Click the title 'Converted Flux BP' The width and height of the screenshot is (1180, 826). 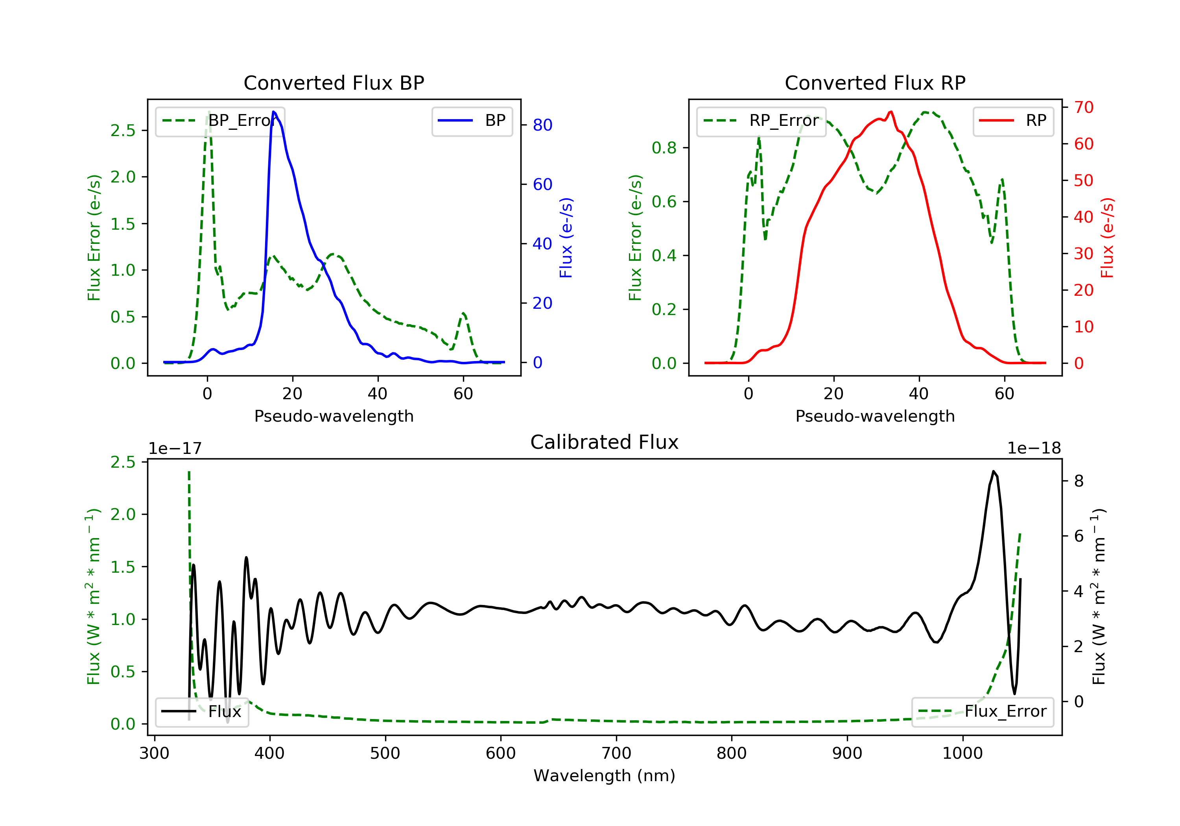tap(334, 83)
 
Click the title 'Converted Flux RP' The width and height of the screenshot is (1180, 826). tap(875, 83)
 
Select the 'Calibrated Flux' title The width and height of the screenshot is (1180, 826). tap(605, 442)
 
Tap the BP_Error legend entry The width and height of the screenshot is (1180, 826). tap(220, 121)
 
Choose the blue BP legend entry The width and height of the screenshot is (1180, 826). tap(472, 120)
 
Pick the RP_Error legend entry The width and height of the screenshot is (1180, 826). tap(761, 121)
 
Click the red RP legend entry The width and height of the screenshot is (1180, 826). tap(1013, 120)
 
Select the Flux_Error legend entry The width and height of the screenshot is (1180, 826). tap(982, 712)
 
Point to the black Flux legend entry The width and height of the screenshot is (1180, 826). tap(201, 712)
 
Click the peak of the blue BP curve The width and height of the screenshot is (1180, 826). tap(273, 112)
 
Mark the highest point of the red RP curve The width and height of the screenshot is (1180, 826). tap(891, 112)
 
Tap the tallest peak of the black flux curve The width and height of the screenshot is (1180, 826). tap(994, 471)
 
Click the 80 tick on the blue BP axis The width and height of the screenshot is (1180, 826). tap(542, 125)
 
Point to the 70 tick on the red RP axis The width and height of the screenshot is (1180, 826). tap(1083, 107)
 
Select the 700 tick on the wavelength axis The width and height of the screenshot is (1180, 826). tap(616, 754)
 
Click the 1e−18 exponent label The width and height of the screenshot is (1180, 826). tap(1034, 448)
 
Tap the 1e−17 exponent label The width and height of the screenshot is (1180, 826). tap(175, 448)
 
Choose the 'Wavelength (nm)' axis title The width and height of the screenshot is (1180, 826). tap(605, 776)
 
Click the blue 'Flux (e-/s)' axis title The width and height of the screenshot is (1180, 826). tap(566, 238)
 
